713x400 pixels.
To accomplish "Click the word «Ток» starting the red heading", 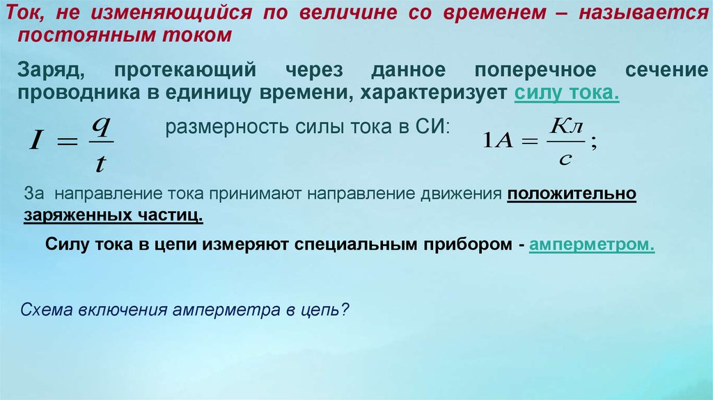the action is click(24, 13).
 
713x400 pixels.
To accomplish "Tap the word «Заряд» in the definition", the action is click(51, 70).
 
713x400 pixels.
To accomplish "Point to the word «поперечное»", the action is click(535, 71).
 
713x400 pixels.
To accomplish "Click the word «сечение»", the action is click(666, 70).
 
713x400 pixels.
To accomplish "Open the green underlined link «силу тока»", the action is click(567, 93).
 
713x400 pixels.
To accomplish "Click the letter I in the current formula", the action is click(36, 139).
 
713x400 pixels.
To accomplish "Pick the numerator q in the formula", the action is click(101, 126).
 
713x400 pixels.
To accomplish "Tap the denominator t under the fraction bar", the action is click(100, 163).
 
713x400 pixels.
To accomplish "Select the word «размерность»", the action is click(228, 127).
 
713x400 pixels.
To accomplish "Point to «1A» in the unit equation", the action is click(498, 141).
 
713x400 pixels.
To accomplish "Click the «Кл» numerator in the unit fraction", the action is click(566, 126).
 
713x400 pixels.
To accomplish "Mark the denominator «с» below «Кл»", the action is click(565, 160).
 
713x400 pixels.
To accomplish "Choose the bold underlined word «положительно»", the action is click(572, 194).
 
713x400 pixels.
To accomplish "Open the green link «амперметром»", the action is click(592, 245).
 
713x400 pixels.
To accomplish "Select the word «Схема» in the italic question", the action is click(47, 309).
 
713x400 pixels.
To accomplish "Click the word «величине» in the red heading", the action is click(348, 13).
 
